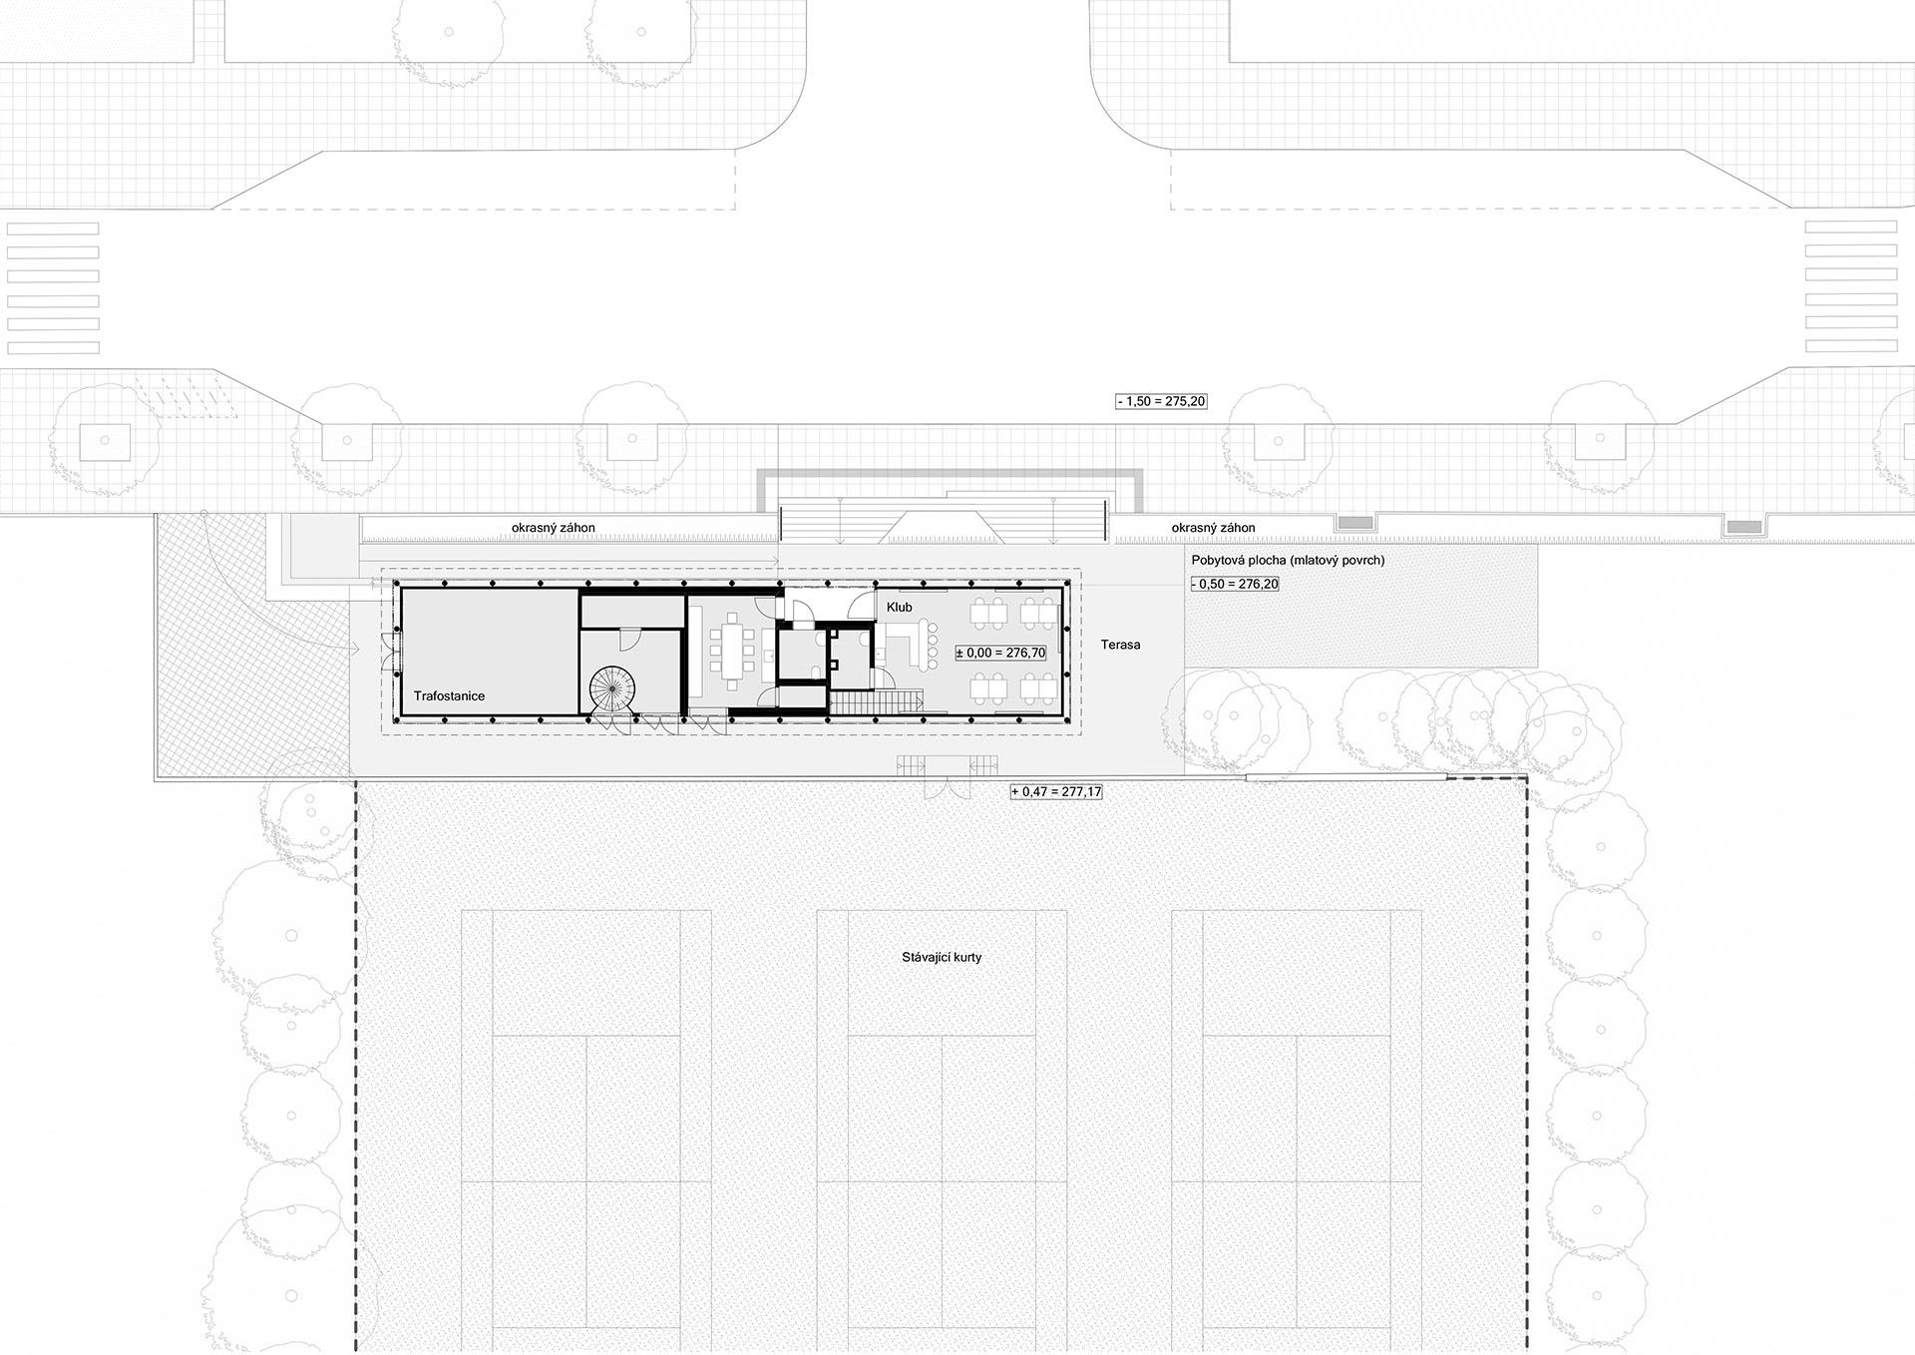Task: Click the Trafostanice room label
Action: tap(449, 695)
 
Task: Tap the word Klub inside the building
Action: tap(899, 607)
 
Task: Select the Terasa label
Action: tap(1120, 645)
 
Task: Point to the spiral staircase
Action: tap(611, 688)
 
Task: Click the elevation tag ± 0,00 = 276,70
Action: tap(1000, 653)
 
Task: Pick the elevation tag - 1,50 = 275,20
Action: tap(1161, 401)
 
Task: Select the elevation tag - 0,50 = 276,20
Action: tap(1235, 584)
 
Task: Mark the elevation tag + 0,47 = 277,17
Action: tap(1056, 791)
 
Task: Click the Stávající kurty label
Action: tap(942, 957)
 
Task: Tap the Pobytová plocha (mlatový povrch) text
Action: tap(1288, 560)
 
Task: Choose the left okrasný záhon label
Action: tap(553, 528)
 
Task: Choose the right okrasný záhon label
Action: tap(1213, 528)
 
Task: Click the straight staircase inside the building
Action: tap(875, 702)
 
